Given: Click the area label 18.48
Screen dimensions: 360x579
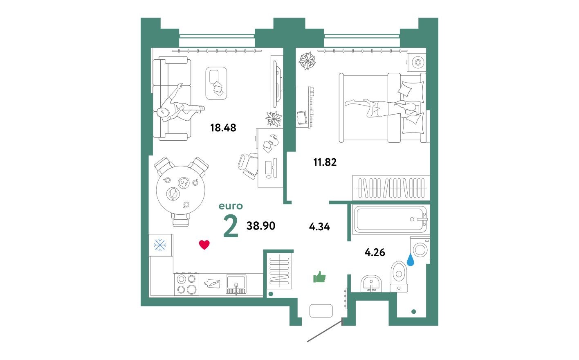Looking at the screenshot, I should pos(223,128).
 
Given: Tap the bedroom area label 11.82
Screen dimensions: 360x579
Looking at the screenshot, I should pos(325,162).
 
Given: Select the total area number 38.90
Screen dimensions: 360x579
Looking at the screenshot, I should pos(261,225).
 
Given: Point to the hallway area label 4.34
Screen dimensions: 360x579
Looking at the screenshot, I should pos(319,227).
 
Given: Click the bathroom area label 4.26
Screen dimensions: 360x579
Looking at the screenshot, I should pos(375,252).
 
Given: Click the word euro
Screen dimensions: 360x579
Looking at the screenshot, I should pos(231,206).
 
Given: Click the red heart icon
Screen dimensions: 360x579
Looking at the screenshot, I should pos(204,245).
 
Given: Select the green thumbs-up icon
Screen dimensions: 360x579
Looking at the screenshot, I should pos(319,277).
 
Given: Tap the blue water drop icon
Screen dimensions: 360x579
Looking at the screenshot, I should pos(410,260).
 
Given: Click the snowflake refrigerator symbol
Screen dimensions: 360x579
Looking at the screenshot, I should pos(160,245).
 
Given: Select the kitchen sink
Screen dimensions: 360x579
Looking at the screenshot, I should pos(236,283).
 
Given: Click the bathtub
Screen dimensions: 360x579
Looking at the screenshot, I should pos(389,219).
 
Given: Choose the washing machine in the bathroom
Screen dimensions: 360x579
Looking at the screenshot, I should pos(420,248).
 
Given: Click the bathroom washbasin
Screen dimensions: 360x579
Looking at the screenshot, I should pos(371,283).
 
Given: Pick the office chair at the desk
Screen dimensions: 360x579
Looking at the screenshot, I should pos(248,164).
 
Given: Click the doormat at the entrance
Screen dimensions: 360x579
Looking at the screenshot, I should pos(321,311).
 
